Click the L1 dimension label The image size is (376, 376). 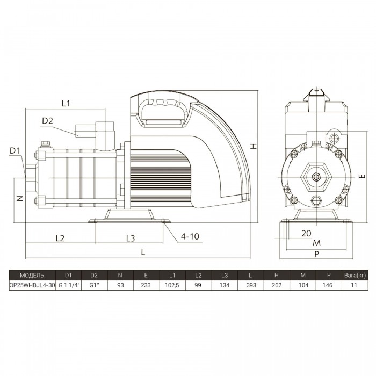point(66,103)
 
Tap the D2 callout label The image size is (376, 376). point(47,121)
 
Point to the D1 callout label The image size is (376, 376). point(15,150)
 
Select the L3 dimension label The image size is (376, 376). point(131,238)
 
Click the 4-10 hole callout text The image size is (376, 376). point(190,236)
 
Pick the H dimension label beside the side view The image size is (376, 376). point(254,146)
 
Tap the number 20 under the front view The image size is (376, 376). point(306,233)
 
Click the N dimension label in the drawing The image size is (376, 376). point(20,198)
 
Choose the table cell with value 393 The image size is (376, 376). point(251,285)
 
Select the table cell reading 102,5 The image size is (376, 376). point(172,285)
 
